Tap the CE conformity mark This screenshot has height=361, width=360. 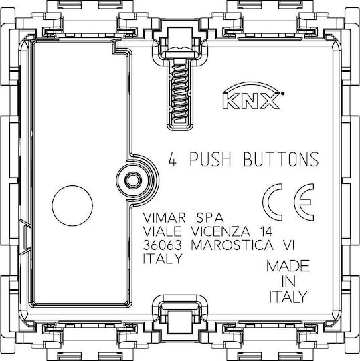[x=288, y=202]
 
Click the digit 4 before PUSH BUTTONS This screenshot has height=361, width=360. [x=173, y=159]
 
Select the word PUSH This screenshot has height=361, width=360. [x=210, y=159]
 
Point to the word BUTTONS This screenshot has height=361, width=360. [x=281, y=159]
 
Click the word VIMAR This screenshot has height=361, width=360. [x=164, y=217]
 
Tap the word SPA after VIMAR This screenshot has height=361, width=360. [x=209, y=217]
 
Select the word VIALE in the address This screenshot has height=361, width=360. [x=162, y=231]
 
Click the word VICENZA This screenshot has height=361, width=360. [x=221, y=231]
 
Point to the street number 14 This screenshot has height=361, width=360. [x=266, y=231]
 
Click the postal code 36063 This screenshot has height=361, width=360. [x=162, y=245]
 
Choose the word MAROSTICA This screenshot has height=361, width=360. [x=232, y=245]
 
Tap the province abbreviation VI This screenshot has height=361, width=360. [x=288, y=245]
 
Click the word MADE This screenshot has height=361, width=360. [x=288, y=266]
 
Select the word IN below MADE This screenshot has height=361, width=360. [x=288, y=281]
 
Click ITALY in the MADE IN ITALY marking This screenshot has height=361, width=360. [x=288, y=297]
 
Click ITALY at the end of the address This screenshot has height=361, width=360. [x=163, y=259]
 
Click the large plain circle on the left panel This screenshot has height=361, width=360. [x=72, y=206]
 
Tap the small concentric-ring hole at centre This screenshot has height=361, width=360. [x=132, y=180]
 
